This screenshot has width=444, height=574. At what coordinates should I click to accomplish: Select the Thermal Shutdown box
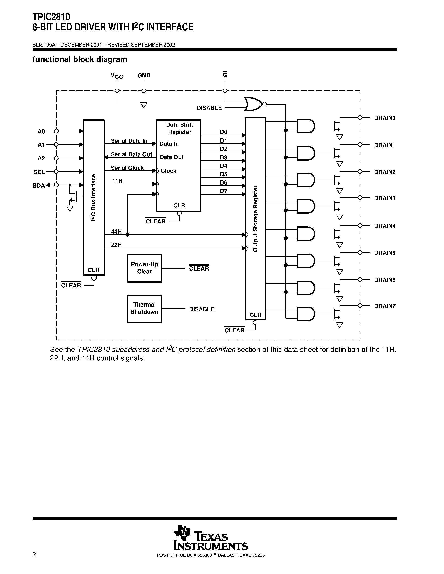point(144,308)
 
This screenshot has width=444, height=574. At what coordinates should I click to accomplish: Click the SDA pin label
point(38,186)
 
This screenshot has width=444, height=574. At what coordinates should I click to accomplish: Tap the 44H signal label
point(116,231)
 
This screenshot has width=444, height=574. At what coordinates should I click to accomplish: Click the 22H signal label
point(116,245)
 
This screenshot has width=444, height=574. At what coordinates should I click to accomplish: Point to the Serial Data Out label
point(131,154)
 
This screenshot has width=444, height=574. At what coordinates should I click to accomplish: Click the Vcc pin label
point(117,76)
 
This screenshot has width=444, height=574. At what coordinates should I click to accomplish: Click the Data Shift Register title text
point(180,128)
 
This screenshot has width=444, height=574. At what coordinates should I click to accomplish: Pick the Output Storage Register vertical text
point(255,219)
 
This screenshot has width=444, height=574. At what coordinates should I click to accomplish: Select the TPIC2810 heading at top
point(51,17)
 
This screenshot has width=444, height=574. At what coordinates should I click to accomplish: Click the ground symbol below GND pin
point(144,105)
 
